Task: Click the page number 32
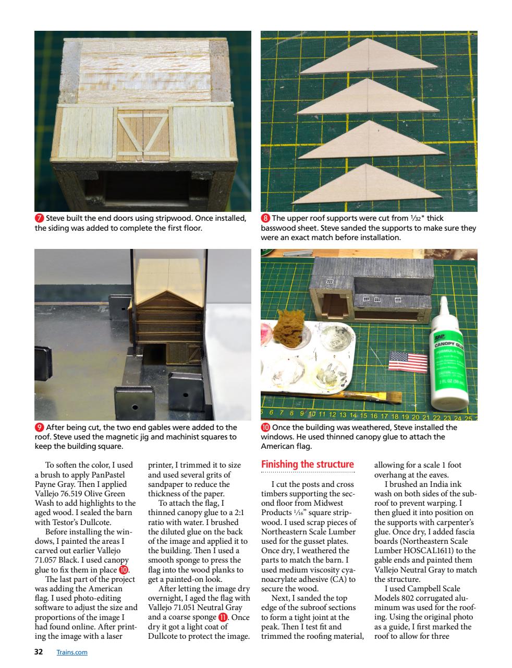coord(38,652)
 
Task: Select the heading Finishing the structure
coord(307,464)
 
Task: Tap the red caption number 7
coord(39,219)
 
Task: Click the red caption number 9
coord(39,427)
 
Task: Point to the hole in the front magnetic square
coord(135,407)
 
